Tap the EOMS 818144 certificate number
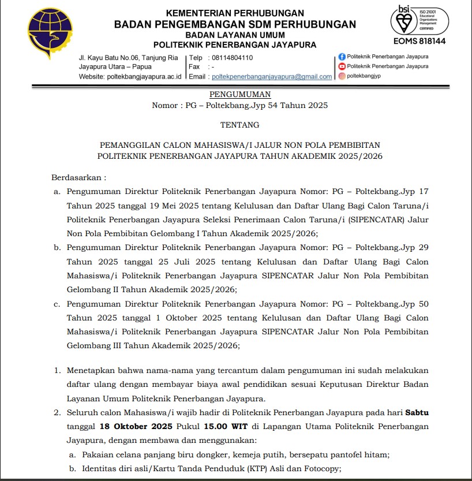[419, 41]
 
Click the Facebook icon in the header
[342, 57]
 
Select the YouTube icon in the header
[342, 66]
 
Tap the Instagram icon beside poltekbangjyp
[342, 76]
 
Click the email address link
[272, 76]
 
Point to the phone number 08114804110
[233, 58]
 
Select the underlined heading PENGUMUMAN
[240, 94]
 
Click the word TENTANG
[240, 124]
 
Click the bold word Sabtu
[417, 412]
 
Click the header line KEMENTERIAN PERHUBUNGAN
[235, 13]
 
